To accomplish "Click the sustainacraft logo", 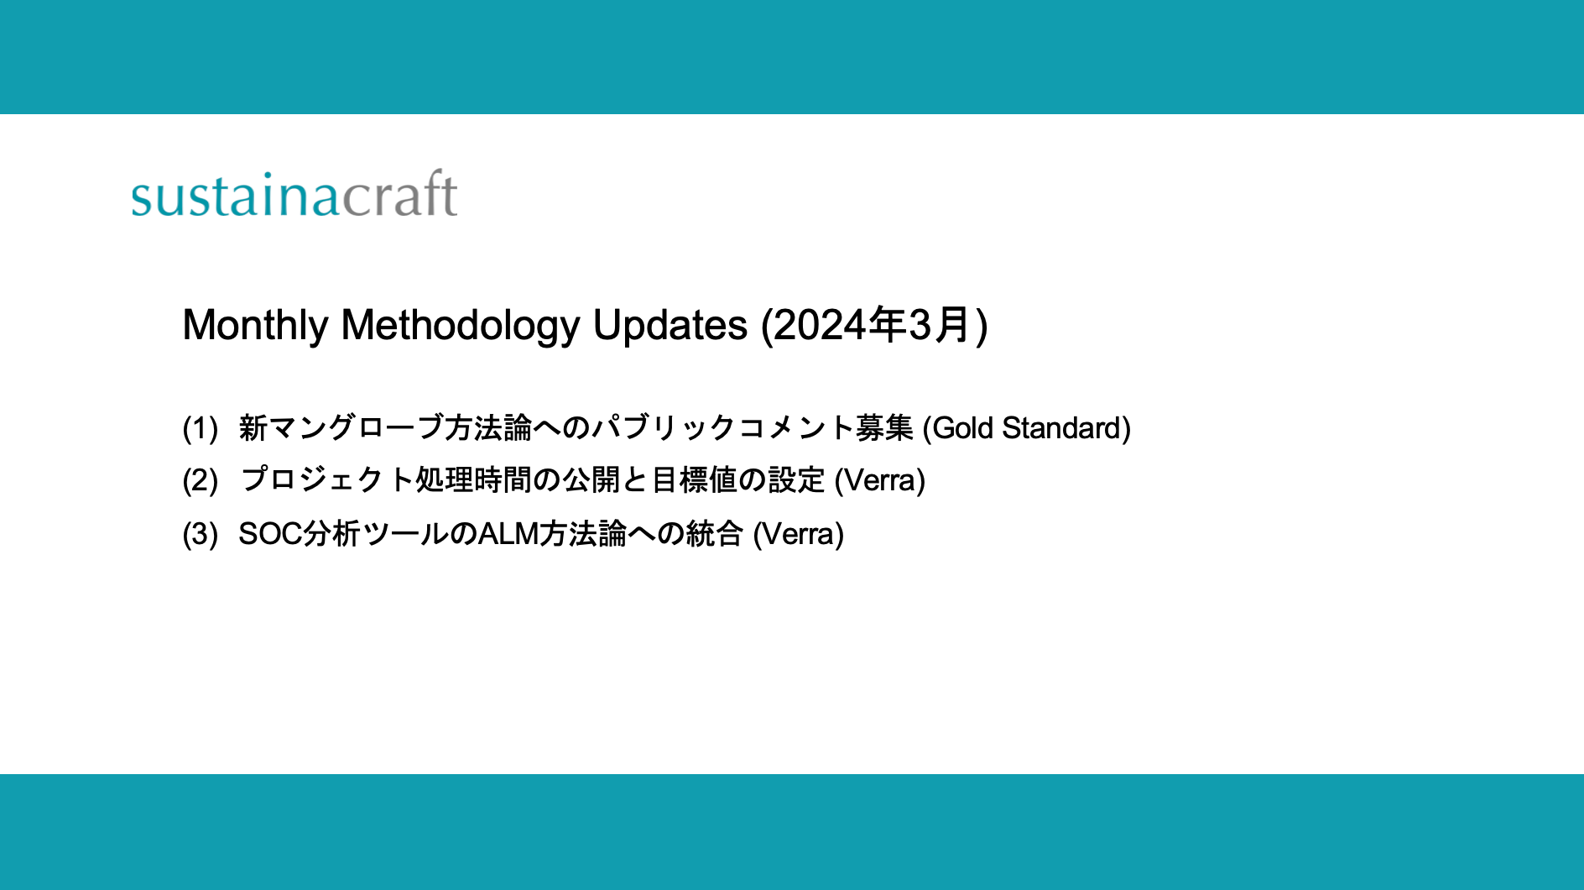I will point(294,195).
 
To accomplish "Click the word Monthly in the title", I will point(255,326).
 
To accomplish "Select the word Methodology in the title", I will point(460,326).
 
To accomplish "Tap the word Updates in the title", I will point(670,326).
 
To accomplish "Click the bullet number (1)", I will point(201,429).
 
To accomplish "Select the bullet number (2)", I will point(201,481).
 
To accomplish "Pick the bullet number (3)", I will point(201,534).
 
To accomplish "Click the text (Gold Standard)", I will point(1026,429).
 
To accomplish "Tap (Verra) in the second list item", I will point(879,481).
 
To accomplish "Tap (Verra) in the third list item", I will point(798,534).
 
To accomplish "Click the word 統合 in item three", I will point(714,534).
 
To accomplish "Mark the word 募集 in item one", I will point(883,429).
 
